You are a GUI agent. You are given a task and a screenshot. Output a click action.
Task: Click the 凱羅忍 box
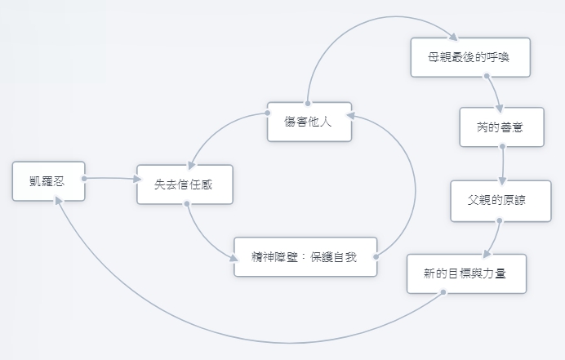(x=49, y=181)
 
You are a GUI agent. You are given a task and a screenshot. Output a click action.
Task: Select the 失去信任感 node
(x=185, y=184)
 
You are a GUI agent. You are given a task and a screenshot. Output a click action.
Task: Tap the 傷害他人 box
(x=309, y=122)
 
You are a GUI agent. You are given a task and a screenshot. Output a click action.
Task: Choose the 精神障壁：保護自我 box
(x=305, y=257)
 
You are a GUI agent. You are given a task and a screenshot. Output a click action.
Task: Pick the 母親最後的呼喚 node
(x=470, y=57)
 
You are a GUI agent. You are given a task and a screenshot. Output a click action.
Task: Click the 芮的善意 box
(x=502, y=127)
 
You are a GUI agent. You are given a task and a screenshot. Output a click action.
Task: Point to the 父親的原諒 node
(x=500, y=201)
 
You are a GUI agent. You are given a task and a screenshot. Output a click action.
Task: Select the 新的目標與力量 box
(x=467, y=273)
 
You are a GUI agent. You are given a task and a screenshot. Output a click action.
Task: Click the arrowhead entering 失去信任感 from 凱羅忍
(x=137, y=179)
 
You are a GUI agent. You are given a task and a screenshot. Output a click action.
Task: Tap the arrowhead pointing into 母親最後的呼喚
(x=453, y=37)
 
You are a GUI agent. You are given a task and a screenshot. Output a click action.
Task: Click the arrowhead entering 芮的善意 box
(x=499, y=109)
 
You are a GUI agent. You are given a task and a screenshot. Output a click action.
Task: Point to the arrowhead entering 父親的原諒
(x=502, y=181)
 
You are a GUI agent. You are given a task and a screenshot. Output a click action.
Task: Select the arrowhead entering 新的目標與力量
(x=487, y=254)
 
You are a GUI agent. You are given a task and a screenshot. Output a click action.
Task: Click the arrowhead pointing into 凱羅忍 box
(x=58, y=200)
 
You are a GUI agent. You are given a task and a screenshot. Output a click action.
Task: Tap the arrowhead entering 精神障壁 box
(x=234, y=258)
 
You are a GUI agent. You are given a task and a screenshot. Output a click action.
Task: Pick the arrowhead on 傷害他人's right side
(x=350, y=115)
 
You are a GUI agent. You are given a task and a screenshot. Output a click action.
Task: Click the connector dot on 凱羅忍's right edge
(x=84, y=179)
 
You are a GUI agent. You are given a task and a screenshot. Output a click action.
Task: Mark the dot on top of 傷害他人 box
(x=308, y=104)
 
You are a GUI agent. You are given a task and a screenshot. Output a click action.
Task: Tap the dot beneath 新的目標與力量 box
(x=443, y=292)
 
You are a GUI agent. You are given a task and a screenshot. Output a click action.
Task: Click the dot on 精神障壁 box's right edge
(x=376, y=257)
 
